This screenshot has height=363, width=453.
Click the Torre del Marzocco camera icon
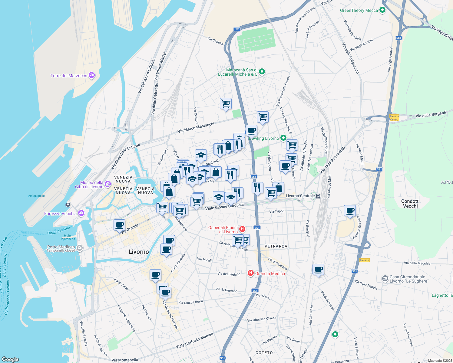[91, 75]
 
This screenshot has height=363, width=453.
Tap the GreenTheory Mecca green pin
[382, 10]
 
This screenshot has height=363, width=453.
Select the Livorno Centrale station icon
[318, 196]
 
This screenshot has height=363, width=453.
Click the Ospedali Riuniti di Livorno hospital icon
[242, 229]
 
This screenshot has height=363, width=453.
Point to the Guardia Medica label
[270, 273]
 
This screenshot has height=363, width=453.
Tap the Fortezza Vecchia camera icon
[81, 213]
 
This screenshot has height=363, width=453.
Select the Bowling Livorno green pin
[283, 138]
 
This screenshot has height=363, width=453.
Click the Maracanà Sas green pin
[262, 72]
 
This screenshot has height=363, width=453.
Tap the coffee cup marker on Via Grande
[120, 225]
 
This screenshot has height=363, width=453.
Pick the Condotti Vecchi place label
[410, 204]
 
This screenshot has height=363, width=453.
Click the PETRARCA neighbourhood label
[276, 246]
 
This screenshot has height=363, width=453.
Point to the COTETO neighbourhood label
[264, 353]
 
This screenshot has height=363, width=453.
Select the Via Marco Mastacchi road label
[196, 127]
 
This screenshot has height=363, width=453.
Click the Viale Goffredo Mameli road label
[194, 341]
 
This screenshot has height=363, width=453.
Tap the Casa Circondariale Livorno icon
[385, 278]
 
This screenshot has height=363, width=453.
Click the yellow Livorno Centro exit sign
[394, 118]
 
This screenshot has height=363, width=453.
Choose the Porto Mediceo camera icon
[80, 248]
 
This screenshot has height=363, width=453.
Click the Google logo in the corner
[10, 359]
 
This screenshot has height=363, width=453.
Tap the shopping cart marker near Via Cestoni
[226, 104]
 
